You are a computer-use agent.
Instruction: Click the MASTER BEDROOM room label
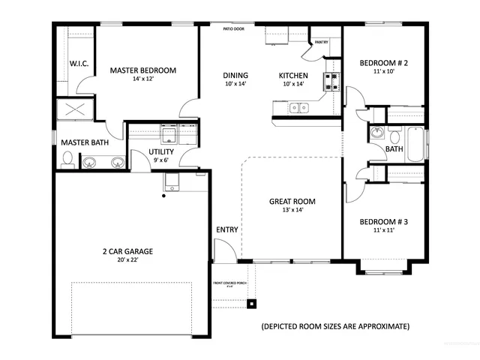coord(142,70)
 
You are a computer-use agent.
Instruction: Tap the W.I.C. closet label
coord(79,64)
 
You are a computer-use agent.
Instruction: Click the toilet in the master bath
coord(67,159)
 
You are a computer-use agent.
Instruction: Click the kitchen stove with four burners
coord(330,82)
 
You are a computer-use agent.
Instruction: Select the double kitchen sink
coord(300,109)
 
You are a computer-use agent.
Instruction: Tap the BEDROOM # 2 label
coord(382,63)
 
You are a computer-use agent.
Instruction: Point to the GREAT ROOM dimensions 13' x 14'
coord(292,210)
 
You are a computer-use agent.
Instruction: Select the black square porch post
coord(252,304)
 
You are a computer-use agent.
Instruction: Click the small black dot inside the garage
coord(163,196)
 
